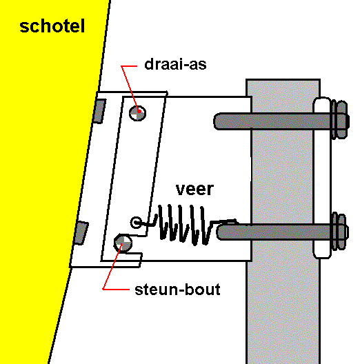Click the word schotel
[52, 26]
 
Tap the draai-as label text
[175, 64]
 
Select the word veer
[194, 189]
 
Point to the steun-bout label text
[177, 290]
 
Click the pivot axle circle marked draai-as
[137, 113]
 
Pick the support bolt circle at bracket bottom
[123, 243]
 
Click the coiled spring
[186, 225]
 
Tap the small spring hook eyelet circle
[136, 223]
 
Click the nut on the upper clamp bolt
[341, 119]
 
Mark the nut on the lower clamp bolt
[340, 231]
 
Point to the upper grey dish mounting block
[100, 111]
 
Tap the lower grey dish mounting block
[81, 233]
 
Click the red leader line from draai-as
[130, 88]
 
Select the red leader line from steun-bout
[112, 267]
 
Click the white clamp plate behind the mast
[322, 178]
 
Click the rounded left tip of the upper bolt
[215, 121]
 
